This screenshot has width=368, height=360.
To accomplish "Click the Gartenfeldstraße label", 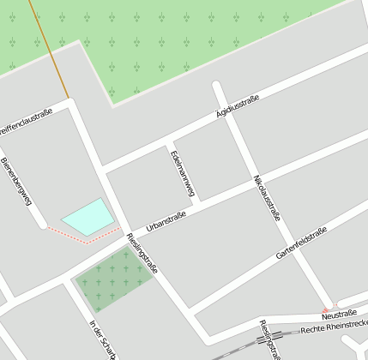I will point(301,243).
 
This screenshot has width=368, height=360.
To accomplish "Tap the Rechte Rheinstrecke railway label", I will point(335,326).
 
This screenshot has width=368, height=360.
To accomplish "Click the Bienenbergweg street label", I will point(16,182).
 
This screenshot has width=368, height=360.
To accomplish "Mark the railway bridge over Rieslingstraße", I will point(262,339).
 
